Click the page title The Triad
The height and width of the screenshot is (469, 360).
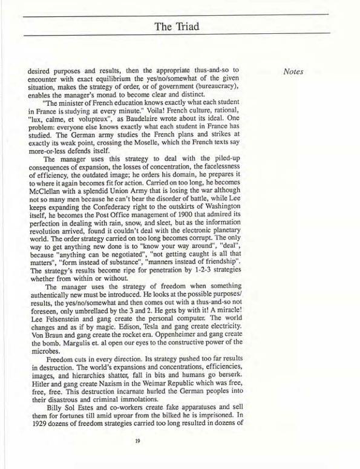coord(180,26)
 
